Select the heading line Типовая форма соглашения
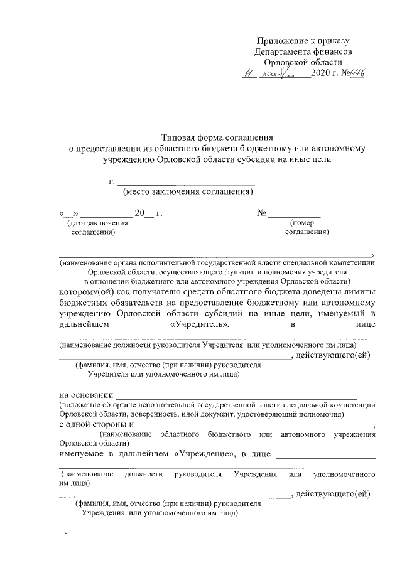coord(217,137)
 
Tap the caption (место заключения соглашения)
coord(192,191)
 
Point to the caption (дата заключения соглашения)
coord(97,227)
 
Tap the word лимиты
coord(361,292)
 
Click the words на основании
coord(82,395)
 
